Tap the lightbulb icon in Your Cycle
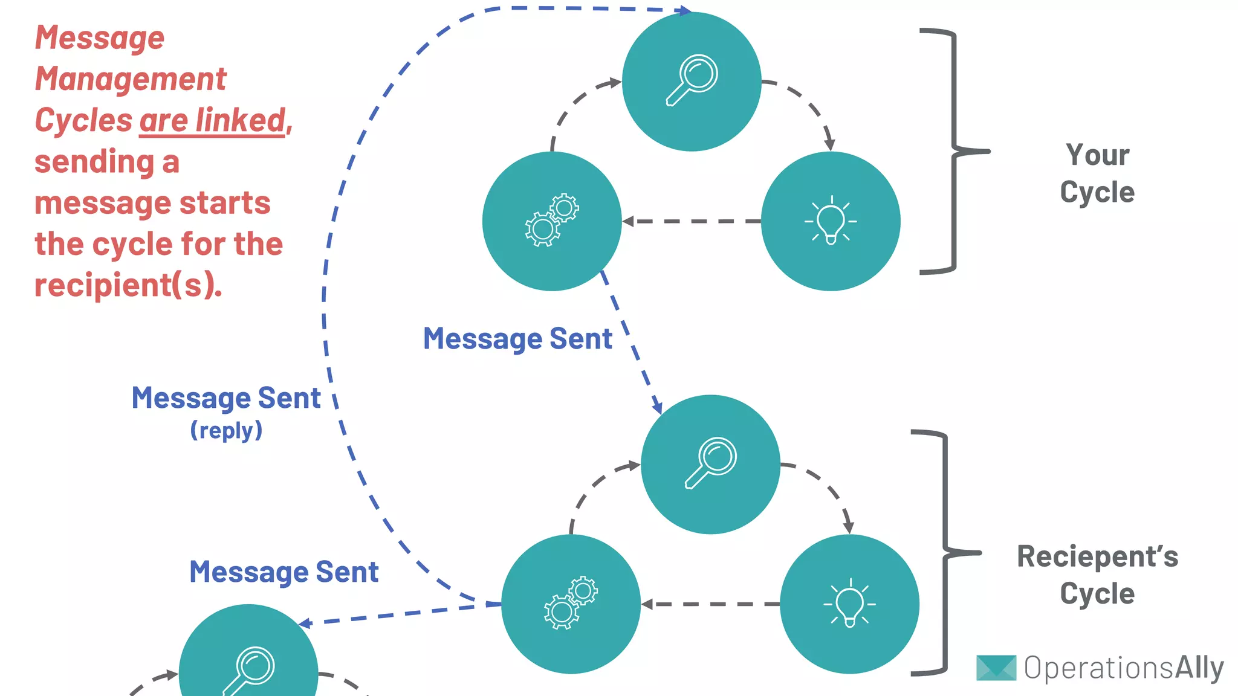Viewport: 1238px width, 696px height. click(x=831, y=221)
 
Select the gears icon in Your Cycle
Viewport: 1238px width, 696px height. click(x=551, y=221)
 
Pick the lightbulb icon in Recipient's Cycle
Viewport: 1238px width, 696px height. click(x=849, y=603)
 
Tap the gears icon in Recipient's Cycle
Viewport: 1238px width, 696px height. click(x=571, y=603)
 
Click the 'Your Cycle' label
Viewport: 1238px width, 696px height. click(x=1097, y=173)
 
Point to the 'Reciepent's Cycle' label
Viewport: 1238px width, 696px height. click(x=1097, y=575)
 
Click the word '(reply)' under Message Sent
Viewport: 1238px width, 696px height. click(x=226, y=430)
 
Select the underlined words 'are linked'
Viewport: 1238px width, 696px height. click(x=212, y=120)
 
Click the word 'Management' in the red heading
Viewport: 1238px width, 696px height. click(x=131, y=79)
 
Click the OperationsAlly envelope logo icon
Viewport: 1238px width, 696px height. click(x=996, y=668)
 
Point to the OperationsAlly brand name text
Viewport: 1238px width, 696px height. click(x=1124, y=668)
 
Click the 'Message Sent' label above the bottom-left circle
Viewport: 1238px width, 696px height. click(x=284, y=572)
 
